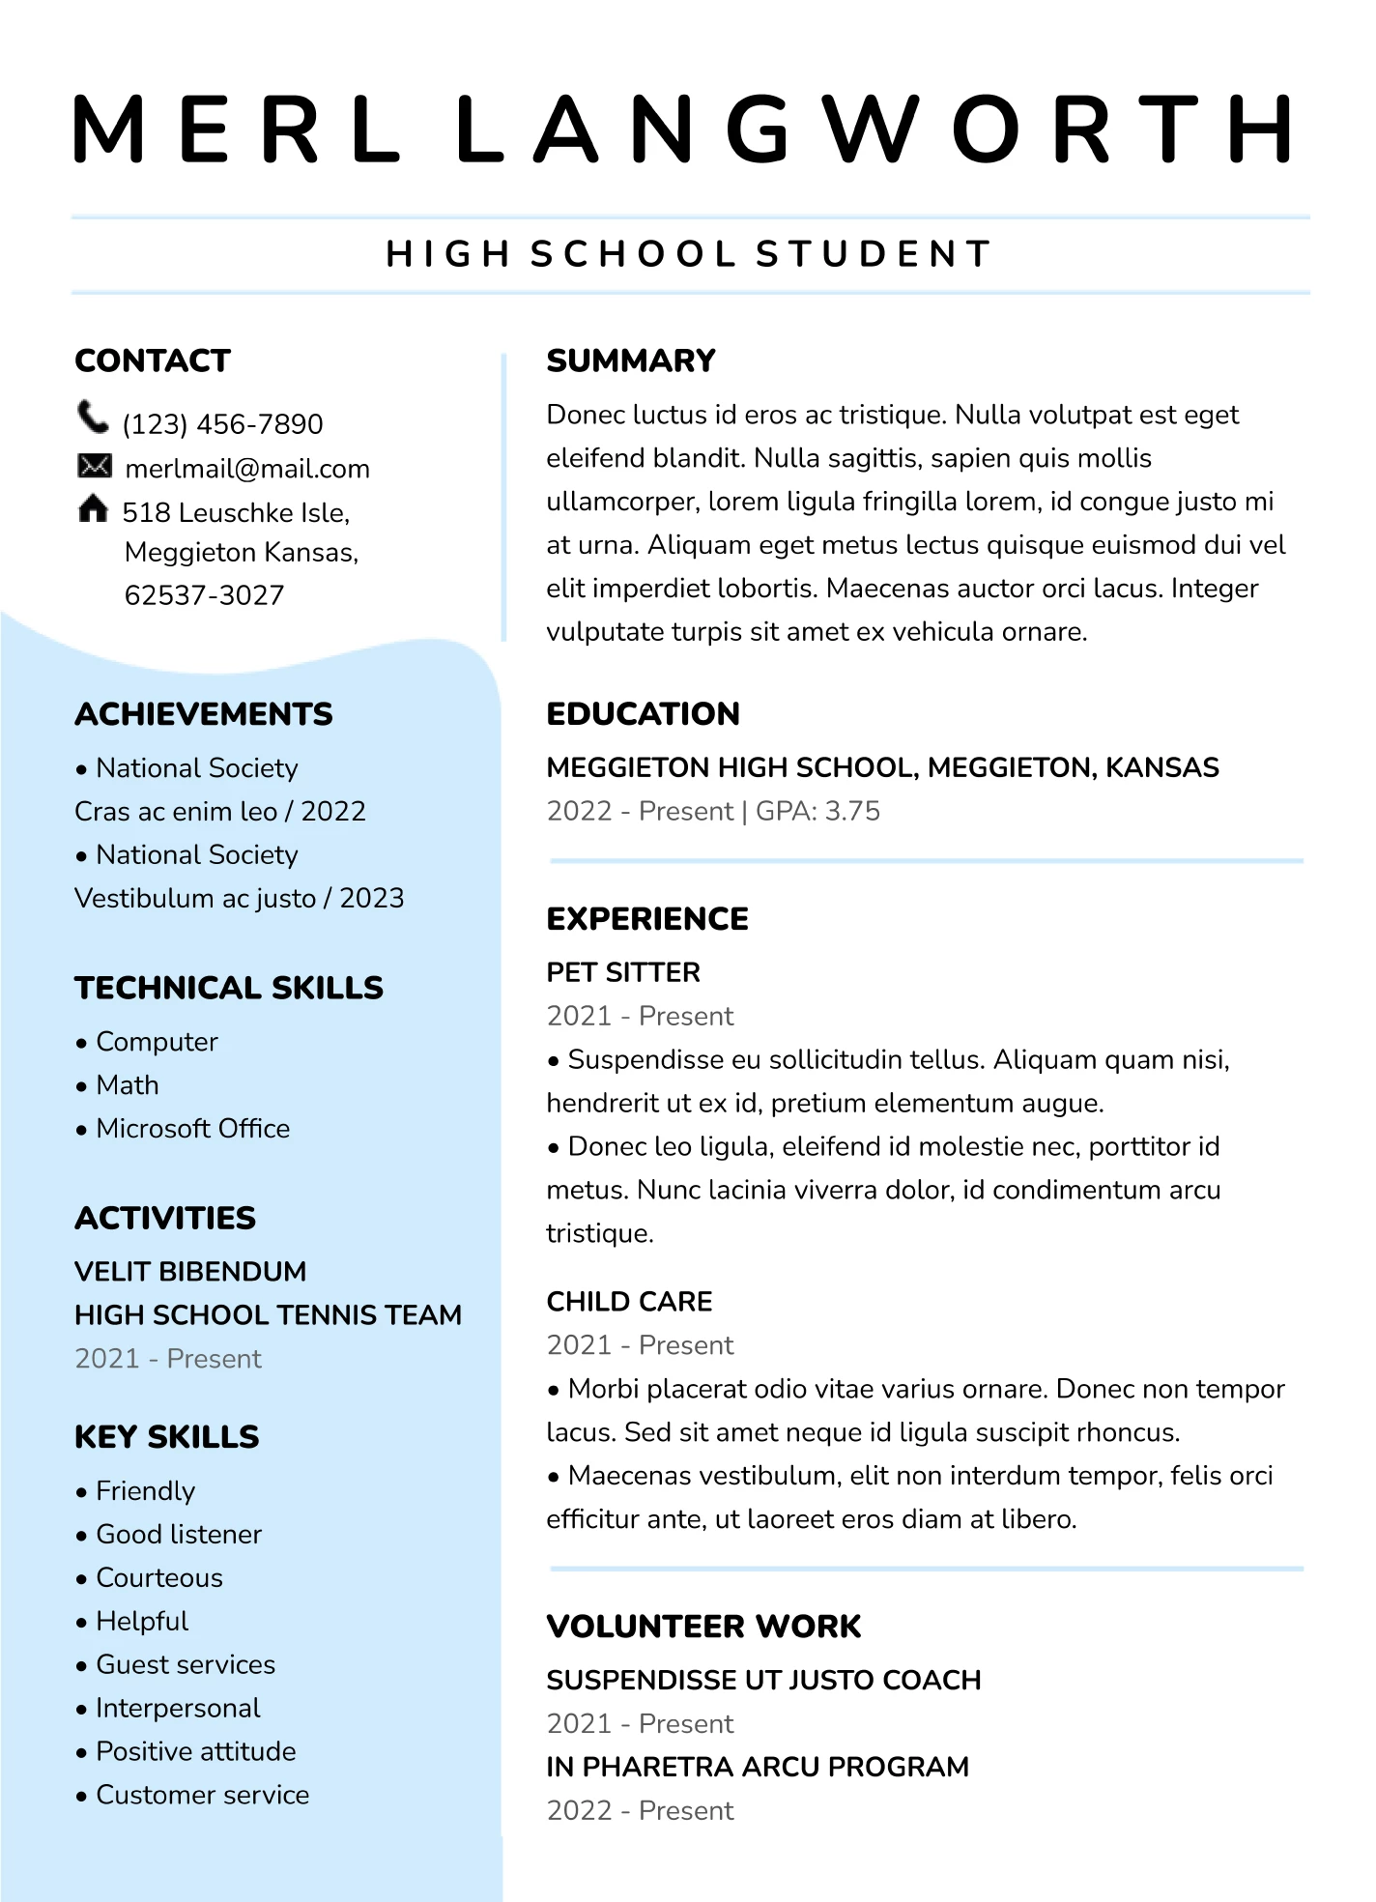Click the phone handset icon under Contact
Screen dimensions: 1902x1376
click(x=93, y=418)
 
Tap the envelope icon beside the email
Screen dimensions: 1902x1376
click(x=94, y=467)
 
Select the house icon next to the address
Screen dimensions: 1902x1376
click(x=93, y=508)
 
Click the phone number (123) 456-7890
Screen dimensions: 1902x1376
click(x=222, y=424)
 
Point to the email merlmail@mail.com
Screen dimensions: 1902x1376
click(x=247, y=469)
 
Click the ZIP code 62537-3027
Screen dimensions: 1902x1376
click(x=205, y=595)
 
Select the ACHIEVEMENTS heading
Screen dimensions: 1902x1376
click(x=204, y=714)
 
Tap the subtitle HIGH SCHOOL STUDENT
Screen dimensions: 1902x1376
click(x=689, y=254)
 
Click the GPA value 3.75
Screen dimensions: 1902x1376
click(x=852, y=811)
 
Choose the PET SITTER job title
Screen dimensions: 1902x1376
click(x=623, y=972)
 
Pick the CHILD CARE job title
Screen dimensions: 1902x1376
click(x=629, y=1302)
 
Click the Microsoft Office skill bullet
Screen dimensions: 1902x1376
click(x=192, y=1129)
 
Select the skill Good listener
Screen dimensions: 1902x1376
click(x=179, y=1535)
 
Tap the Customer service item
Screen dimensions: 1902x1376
click(x=202, y=1795)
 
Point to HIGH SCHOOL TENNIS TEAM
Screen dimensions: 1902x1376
click(x=268, y=1315)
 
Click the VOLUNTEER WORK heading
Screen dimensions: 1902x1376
click(x=703, y=1627)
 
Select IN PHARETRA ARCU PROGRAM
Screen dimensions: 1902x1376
click(x=758, y=1767)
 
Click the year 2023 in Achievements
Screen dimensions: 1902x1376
click(x=372, y=899)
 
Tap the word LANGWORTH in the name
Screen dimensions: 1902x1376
click(x=874, y=129)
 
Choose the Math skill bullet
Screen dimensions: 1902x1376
click(x=127, y=1085)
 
